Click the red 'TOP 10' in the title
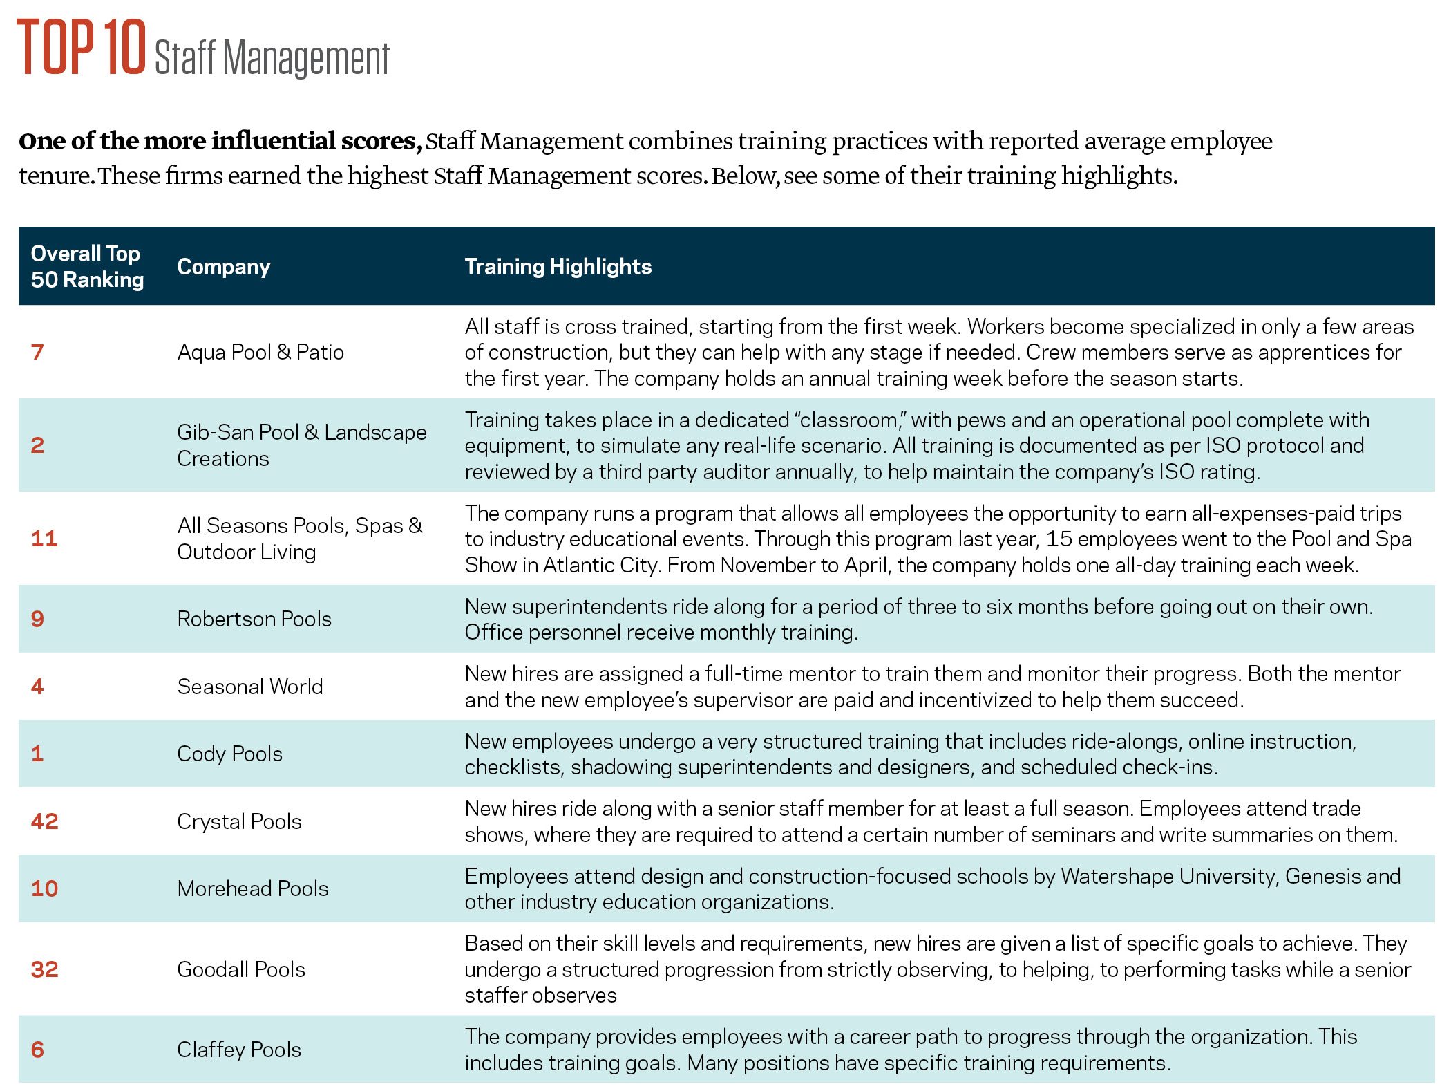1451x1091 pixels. click(82, 47)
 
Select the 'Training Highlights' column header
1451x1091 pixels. click(558, 267)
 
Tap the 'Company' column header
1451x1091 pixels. click(223, 267)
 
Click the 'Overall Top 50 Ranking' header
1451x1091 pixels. click(87, 267)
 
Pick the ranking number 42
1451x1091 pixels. click(45, 821)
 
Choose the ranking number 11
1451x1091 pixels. click(44, 539)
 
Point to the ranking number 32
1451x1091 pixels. click(45, 969)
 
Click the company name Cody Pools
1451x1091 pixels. click(229, 754)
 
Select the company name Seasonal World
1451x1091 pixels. click(249, 687)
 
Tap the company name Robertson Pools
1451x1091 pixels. click(254, 619)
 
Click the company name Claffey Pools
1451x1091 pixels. click(238, 1050)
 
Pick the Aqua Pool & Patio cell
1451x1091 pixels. click(260, 352)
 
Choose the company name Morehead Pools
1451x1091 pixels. click(252, 888)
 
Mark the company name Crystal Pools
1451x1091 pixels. click(239, 821)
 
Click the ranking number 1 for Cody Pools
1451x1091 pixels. click(37, 754)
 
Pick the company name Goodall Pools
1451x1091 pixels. click(240, 969)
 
